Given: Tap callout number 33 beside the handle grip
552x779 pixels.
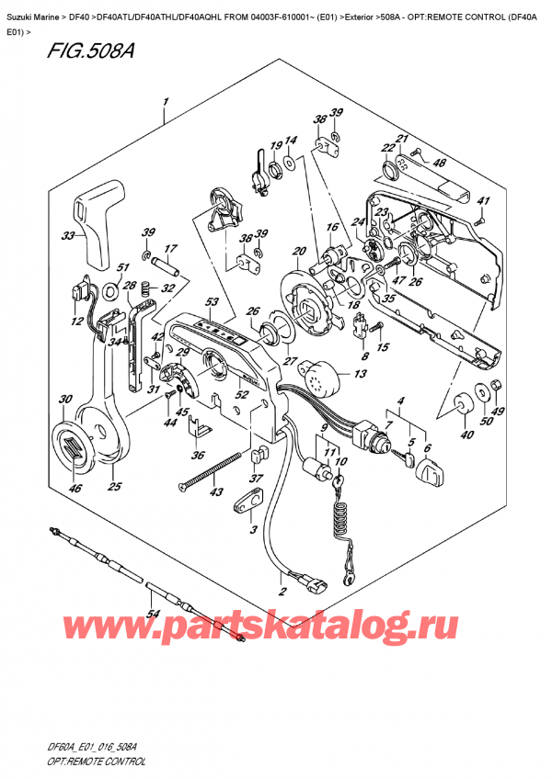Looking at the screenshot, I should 68,236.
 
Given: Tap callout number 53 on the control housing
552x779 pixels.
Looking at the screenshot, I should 212,302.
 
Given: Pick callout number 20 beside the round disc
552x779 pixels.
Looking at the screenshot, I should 298,252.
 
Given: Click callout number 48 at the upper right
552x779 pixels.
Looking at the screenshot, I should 440,164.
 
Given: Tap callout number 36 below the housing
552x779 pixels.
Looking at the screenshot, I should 196,456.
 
